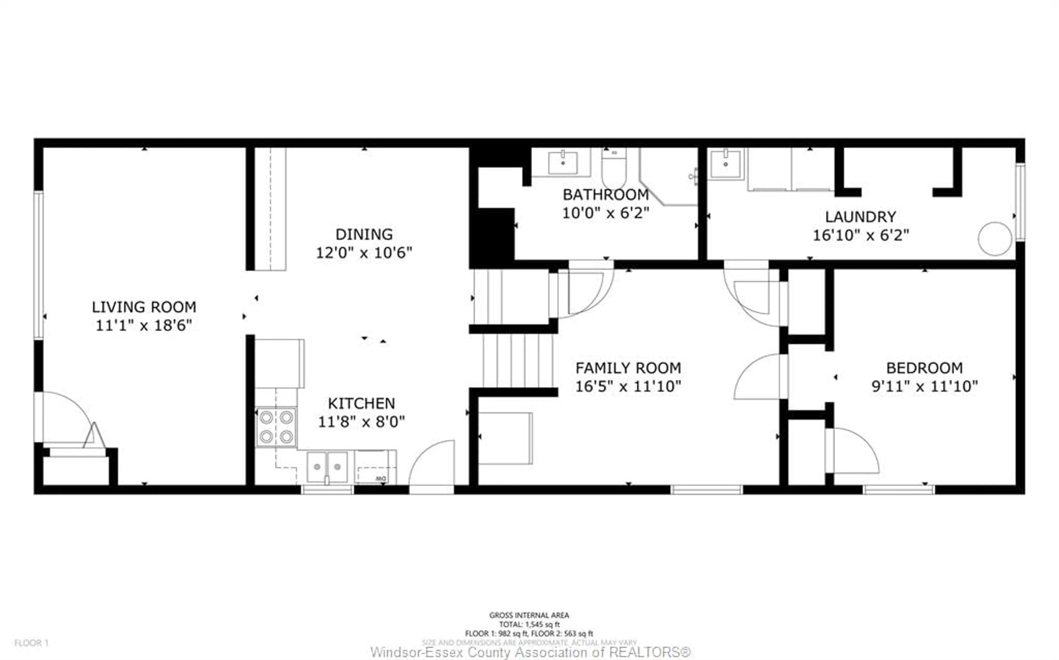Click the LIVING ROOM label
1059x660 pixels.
[144, 307]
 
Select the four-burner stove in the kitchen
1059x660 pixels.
[276, 427]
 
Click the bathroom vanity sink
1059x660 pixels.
[563, 162]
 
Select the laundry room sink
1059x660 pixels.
[725, 164]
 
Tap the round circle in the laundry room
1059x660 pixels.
[995, 239]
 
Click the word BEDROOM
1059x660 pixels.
[924, 368]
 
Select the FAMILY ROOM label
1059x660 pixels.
[628, 368]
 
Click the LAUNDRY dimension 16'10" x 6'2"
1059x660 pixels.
[860, 235]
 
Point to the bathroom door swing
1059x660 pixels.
[585, 290]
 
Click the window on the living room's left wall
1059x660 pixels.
[39, 265]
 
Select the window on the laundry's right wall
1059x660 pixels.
[1020, 202]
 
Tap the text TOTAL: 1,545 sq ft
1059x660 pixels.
[529, 624]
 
